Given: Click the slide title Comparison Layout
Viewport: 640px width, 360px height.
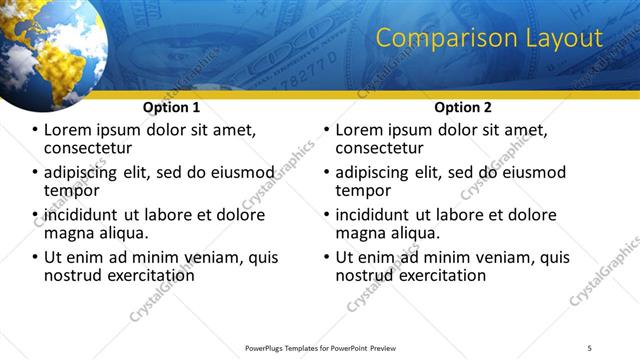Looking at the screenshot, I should click(x=488, y=39).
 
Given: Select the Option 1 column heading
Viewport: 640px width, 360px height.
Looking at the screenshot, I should click(x=172, y=107).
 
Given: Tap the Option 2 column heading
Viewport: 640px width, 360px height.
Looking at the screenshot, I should click(x=462, y=107).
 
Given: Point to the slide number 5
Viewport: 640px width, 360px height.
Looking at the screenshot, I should click(x=590, y=348).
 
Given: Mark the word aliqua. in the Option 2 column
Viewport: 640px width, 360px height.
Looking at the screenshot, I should click(x=414, y=234).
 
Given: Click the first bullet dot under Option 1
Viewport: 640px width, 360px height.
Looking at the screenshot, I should click(x=35, y=131).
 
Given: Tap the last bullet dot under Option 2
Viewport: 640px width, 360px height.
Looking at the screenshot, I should click(x=326, y=258).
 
